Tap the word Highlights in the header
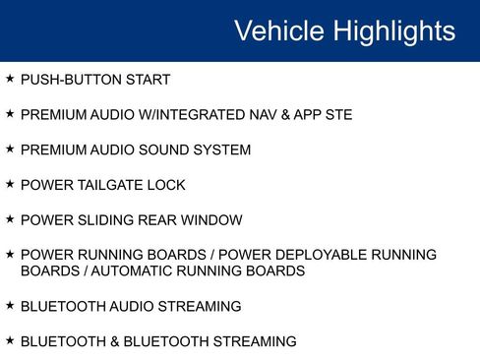coord(393,30)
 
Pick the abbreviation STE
coord(335,115)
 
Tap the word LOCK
coord(167,185)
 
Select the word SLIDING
coord(110,220)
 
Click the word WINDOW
coord(212,220)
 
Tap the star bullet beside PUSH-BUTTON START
coord(10,79)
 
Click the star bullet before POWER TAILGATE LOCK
coord(10,184)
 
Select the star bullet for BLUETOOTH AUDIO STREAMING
coord(10,306)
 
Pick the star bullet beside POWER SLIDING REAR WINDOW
coord(10,219)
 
